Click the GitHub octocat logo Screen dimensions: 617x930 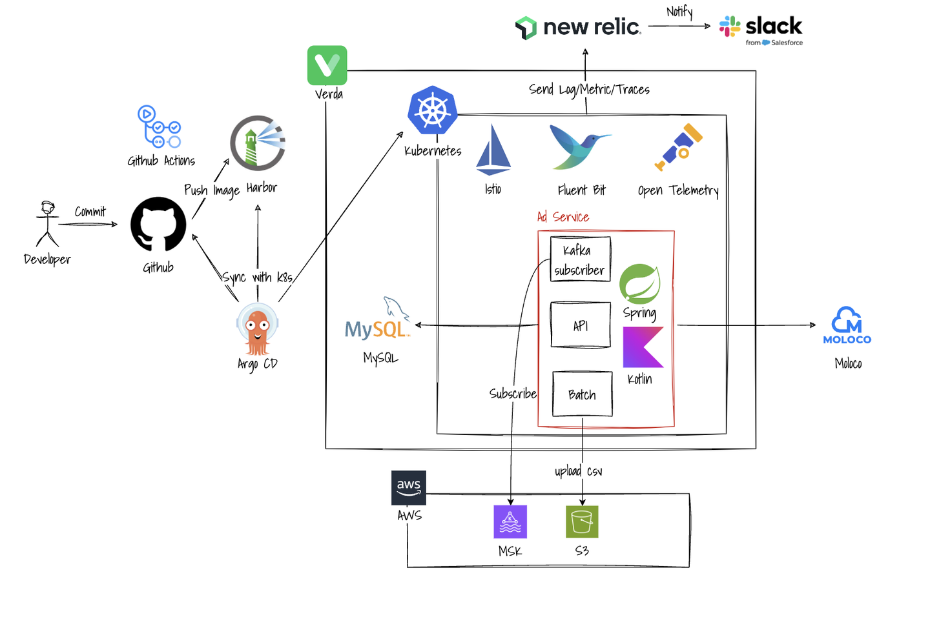click(158, 224)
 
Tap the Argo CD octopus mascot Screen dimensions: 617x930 click(257, 330)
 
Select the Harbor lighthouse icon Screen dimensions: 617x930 click(257, 143)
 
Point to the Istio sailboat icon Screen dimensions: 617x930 click(493, 150)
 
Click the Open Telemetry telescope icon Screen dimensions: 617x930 click(678, 147)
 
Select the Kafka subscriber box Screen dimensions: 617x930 click(580, 259)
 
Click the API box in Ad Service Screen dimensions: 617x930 click(580, 325)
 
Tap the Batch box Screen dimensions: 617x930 click(582, 394)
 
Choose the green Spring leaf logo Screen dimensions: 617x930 click(639, 283)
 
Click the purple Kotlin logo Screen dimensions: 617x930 click(643, 347)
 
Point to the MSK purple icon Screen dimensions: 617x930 click(510, 521)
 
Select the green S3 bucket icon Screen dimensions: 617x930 click(582, 521)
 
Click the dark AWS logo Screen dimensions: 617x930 click(409, 487)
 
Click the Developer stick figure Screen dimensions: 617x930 click(47, 224)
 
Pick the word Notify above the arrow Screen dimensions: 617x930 click(679, 12)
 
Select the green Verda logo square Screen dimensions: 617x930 click(327, 65)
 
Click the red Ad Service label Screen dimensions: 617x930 click(563, 217)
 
